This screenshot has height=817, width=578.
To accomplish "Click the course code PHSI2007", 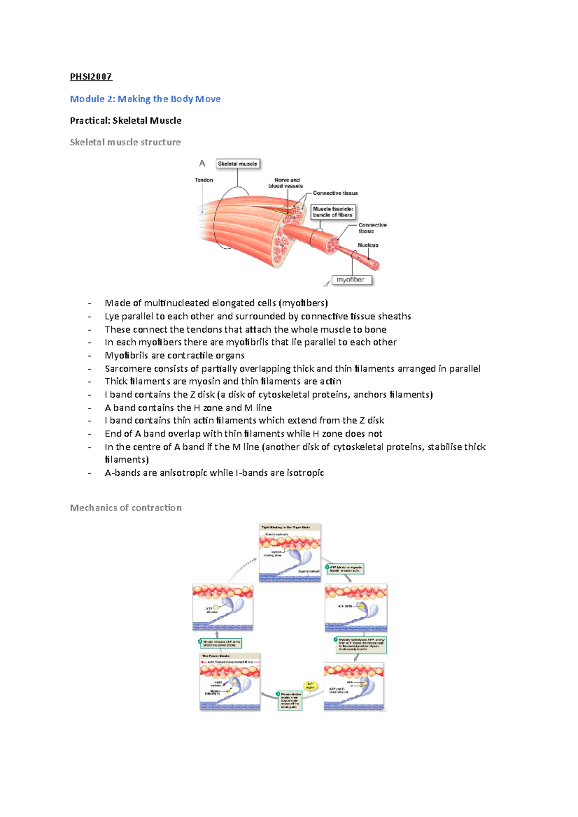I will coord(91,77).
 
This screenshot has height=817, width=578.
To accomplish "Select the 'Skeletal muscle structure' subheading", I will coord(125,142).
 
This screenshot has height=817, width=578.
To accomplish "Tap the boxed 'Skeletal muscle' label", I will coord(237,164).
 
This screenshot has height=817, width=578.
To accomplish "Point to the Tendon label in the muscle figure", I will coord(204,180).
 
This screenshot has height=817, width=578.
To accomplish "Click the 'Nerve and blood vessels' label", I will coord(286,183).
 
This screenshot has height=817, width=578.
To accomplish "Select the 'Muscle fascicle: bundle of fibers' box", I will coord(333,212).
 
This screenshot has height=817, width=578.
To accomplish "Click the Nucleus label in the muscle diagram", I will coord(368,245).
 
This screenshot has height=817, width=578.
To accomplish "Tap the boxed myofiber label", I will coord(351,280).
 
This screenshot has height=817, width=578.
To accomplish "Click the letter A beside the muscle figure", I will coord(202,164).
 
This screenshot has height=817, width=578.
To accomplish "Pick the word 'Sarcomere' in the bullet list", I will coord(126,369).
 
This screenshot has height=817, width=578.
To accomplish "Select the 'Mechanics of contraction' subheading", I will coord(126,508).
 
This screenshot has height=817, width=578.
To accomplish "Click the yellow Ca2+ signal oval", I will coord(310,686).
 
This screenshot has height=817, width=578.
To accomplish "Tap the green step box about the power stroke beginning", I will coord(290,701).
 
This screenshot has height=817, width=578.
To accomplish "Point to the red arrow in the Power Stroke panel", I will coord(204,662).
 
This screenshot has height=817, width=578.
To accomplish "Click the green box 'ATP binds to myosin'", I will coord(345,569).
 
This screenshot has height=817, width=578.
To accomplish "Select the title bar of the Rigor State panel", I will coord(289,527).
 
